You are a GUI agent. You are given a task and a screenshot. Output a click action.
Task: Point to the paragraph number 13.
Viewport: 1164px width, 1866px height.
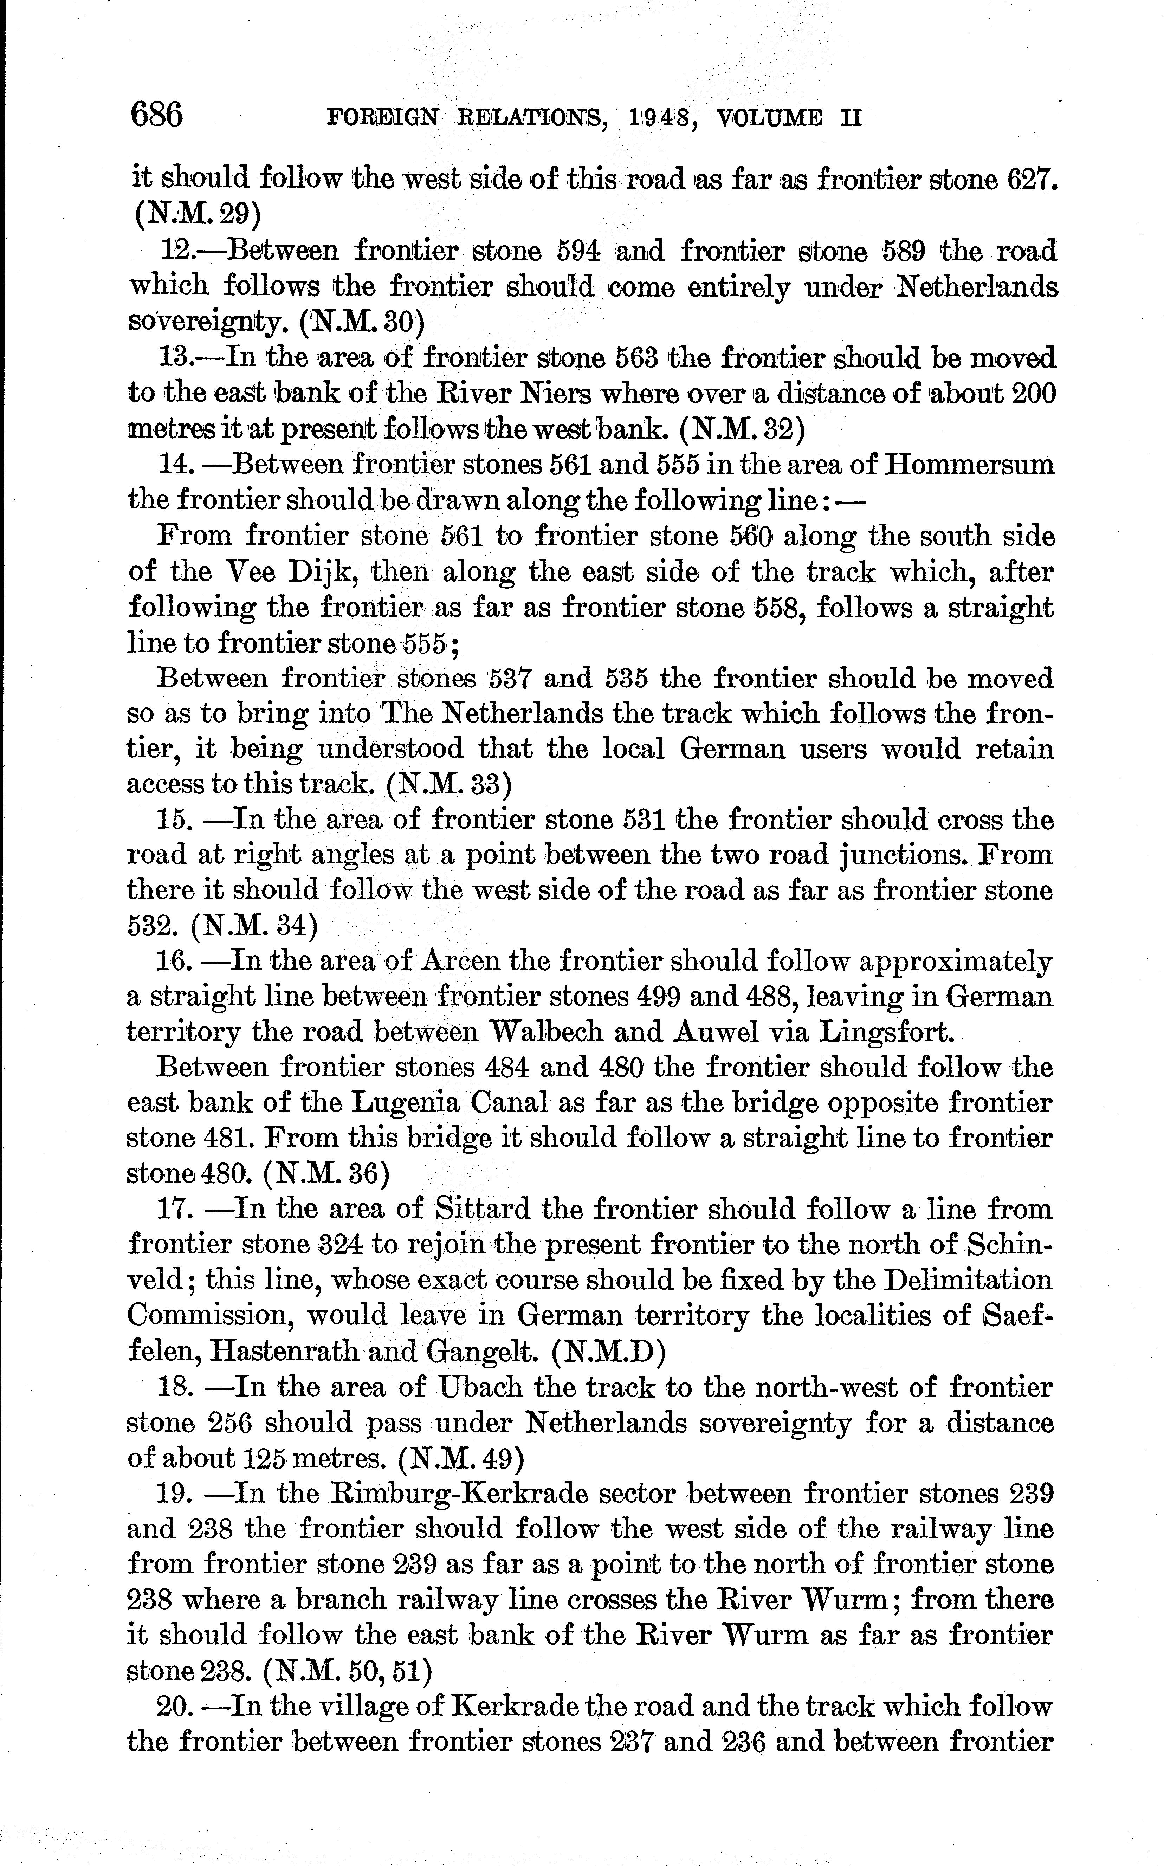click(x=175, y=358)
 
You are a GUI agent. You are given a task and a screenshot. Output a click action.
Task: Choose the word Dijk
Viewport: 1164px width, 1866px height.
click(x=324, y=572)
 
